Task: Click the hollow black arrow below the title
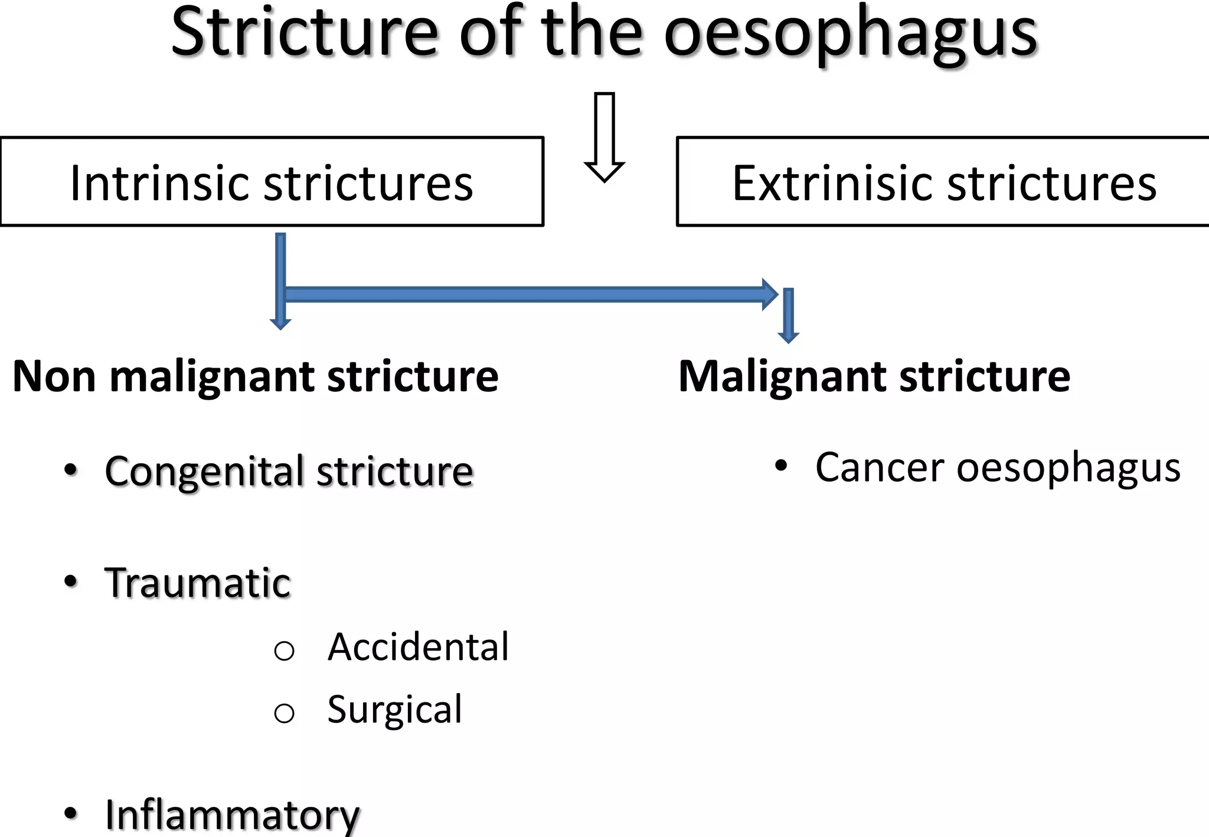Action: tap(604, 137)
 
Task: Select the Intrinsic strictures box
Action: tap(272, 182)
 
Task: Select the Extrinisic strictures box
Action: tap(943, 182)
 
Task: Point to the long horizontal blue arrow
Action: tap(525, 294)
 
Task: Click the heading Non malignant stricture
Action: tap(255, 376)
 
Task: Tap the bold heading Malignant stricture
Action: tap(874, 376)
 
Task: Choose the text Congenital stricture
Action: tap(289, 471)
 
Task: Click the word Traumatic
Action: tap(198, 583)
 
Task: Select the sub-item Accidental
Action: tap(418, 647)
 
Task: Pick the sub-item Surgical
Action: tap(394, 710)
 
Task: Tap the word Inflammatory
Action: tap(232, 815)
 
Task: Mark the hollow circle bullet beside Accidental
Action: tap(284, 651)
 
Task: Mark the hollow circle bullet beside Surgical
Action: tap(284, 714)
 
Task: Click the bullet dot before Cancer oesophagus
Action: tap(781, 466)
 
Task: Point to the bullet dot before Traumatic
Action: tap(71, 581)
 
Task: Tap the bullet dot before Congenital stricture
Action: tap(71, 470)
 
